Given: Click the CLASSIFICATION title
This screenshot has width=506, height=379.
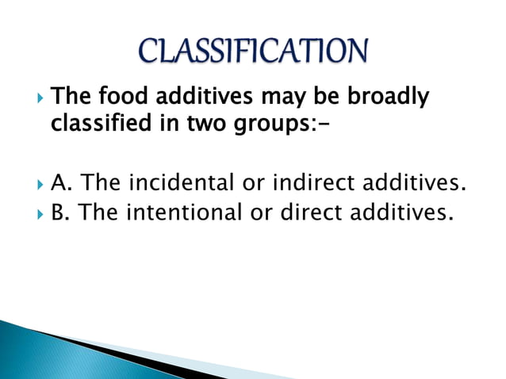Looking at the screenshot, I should [253, 50].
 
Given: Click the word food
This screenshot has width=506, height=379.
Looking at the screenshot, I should [119, 98].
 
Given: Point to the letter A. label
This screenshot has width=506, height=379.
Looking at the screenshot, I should [61, 184].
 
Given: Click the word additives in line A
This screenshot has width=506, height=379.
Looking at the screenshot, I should [412, 184].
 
